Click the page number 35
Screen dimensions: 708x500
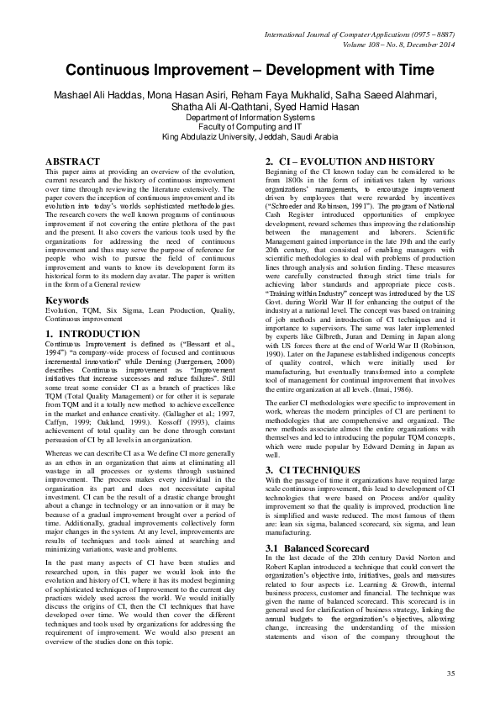point(450,674)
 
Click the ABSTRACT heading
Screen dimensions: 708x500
point(69,160)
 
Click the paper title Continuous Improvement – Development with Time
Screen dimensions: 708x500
point(250,71)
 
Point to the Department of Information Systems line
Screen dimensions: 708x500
point(250,118)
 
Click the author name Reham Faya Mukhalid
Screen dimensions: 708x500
point(279,95)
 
